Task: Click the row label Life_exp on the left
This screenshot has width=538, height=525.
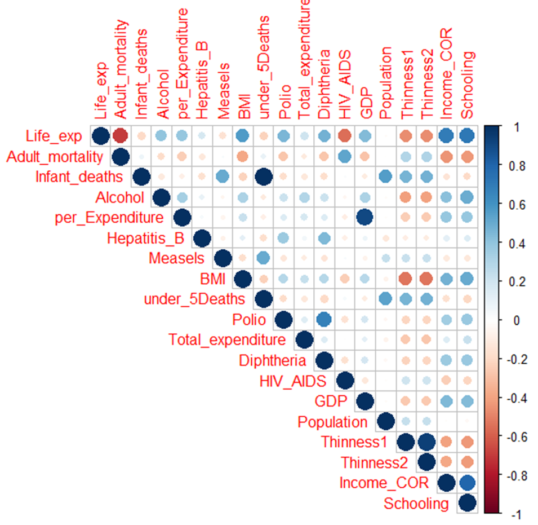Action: tap(54, 136)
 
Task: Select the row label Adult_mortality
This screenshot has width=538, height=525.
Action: tap(55, 156)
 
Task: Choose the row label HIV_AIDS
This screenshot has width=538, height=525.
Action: tap(293, 381)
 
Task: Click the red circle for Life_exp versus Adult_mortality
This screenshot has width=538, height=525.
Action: tap(121, 136)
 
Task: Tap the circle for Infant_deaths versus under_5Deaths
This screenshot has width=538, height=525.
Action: tap(263, 177)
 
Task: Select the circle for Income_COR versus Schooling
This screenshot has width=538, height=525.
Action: tap(467, 483)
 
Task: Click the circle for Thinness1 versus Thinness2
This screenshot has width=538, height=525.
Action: tap(426, 442)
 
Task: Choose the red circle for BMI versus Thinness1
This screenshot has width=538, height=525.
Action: tap(406, 278)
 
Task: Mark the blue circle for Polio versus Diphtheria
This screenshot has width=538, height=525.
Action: tap(324, 319)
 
